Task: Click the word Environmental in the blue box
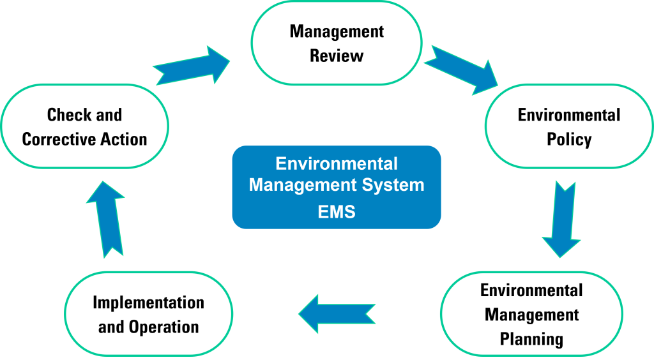point(337,164)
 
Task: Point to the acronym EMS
point(337,212)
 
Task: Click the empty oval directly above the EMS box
point(337,43)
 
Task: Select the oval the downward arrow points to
point(531,313)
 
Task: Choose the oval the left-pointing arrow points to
point(149,313)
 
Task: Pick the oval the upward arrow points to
point(85,126)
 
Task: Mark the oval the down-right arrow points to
point(568,126)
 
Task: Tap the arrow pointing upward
point(105,219)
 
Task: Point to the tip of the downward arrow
point(560,257)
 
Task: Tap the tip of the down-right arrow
point(498,86)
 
